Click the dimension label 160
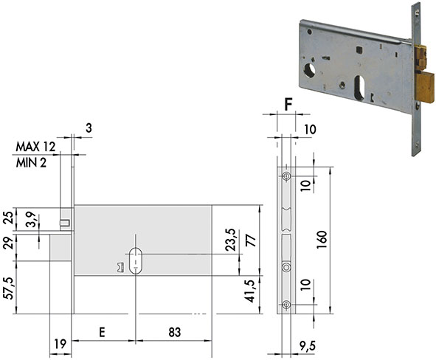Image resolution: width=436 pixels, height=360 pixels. point(322,240)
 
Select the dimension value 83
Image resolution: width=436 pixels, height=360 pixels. point(174,332)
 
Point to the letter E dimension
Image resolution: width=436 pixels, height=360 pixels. point(103,332)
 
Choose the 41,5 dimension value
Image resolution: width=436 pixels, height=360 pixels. point(251,291)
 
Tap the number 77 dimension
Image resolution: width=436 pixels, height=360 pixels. point(251,240)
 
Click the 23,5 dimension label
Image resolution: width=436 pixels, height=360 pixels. point(230,240)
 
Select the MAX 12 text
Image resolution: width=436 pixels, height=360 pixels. point(35,147)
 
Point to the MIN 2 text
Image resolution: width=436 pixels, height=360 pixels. point(31,162)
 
